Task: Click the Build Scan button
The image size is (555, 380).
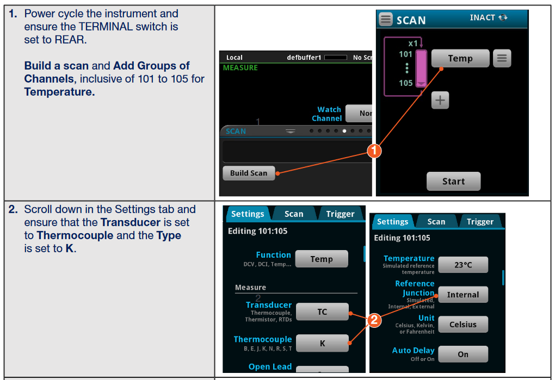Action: [249, 173]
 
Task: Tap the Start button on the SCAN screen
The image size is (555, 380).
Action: [453, 182]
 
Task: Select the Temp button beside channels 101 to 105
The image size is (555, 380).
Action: [460, 58]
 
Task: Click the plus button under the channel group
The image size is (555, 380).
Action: [440, 100]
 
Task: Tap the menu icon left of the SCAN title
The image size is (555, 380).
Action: [386, 20]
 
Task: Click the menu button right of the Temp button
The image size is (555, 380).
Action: [502, 58]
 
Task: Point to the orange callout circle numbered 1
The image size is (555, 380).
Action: [374, 151]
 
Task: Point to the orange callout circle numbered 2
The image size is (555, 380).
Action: [374, 320]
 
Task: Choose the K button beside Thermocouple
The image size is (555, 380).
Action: [322, 343]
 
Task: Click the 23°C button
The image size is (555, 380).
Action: [462, 265]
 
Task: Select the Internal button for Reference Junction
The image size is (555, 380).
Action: [462, 295]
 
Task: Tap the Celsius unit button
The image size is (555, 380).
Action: [462, 325]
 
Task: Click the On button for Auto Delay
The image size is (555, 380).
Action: [462, 354]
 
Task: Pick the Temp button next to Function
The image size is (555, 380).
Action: [321, 259]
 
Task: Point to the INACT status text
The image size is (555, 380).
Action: [482, 17]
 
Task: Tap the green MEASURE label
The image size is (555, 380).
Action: [240, 68]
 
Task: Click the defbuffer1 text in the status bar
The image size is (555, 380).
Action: [304, 58]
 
